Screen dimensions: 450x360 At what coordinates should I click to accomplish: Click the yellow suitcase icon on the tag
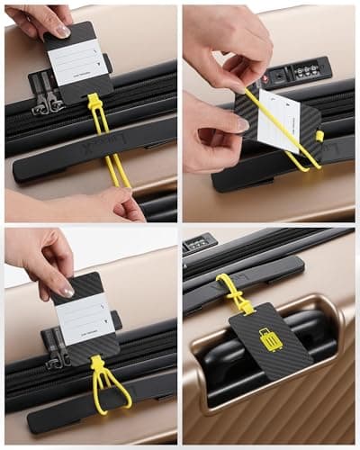(x=270, y=340)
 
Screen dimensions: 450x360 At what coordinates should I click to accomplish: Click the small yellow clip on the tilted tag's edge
(x=319, y=136)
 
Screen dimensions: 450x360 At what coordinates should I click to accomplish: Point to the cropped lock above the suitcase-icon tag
(x=200, y=242)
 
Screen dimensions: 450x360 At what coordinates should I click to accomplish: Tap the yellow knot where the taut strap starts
(x=94, y=102)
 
